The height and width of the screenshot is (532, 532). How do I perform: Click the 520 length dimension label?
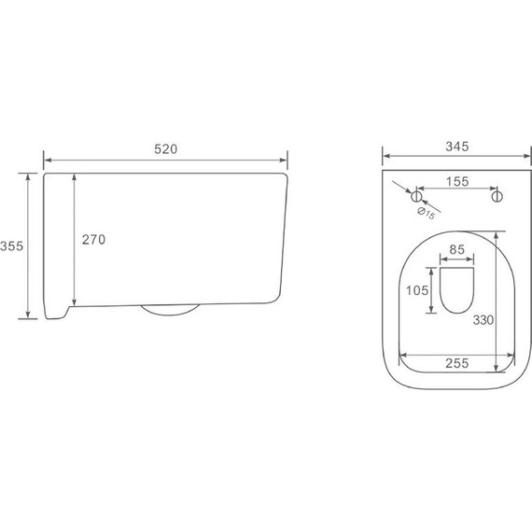[165, 149]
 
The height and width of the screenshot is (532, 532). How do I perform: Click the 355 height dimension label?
[12, 246]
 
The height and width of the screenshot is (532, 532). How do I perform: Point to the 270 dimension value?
[93, 240]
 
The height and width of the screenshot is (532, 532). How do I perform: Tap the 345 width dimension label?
[457, 147]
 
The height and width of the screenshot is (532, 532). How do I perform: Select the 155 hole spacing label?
[457, 181]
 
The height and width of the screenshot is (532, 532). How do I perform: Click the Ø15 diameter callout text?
[427, 213]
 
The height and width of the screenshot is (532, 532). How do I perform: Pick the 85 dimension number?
[456, 250]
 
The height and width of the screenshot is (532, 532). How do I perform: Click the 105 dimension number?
[417, 290]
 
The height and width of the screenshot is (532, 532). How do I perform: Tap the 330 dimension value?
[483, 320]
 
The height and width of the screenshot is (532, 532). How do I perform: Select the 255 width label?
[457, 363]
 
